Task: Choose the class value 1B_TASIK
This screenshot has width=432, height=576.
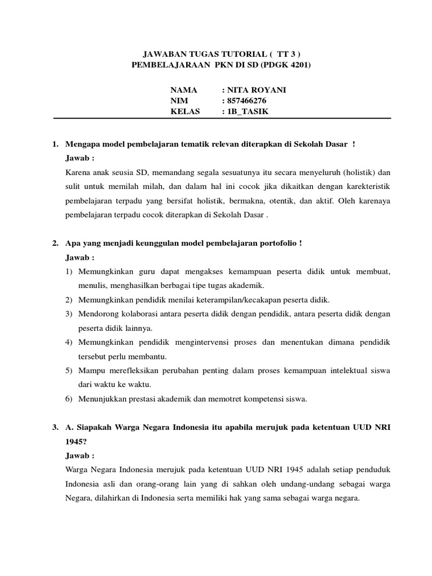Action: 248,111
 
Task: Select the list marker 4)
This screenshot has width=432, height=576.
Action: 70,342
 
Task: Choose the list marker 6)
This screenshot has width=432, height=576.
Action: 70,399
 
